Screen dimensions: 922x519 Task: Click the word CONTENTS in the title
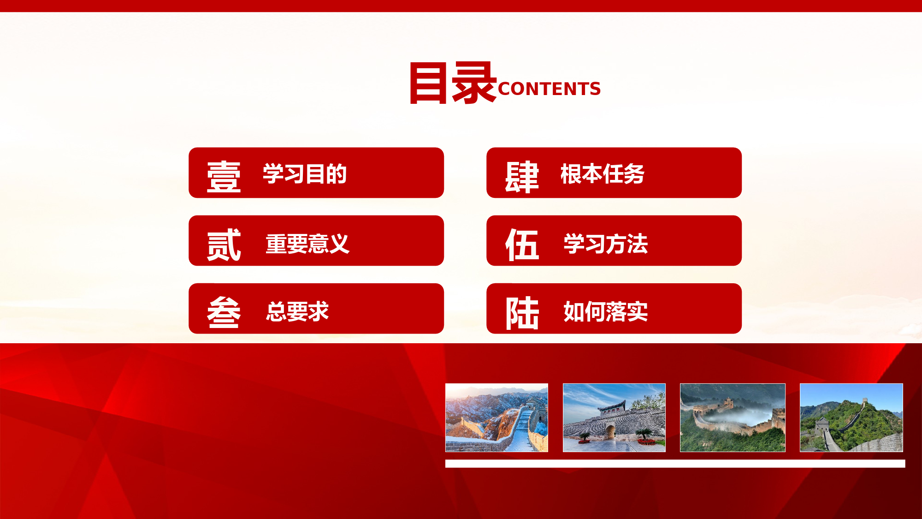(549, 89)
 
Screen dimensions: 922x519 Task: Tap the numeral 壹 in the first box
(224, 176)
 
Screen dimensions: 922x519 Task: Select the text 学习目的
(305, 174)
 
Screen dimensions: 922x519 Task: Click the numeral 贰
(224, 245)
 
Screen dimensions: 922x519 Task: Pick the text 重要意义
(307, 244)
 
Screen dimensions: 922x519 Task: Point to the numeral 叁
(224, 312)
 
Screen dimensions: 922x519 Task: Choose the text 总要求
(297, 311)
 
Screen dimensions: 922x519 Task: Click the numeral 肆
(522, 177)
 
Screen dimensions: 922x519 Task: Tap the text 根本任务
(603, 174)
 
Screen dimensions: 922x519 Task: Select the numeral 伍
(522, 245)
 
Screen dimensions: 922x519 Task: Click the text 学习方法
(605, 244)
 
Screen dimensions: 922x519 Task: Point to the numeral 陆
(522, 313)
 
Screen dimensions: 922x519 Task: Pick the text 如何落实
(605, 311)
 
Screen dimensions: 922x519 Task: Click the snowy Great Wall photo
(496, 418)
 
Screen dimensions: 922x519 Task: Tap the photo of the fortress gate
(614, 418)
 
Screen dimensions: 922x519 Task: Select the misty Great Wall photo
(733, 418)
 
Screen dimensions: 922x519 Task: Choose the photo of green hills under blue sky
(851, 418)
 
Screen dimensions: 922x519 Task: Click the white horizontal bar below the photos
(675, 464)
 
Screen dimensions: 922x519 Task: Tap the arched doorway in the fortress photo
(611, 432)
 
